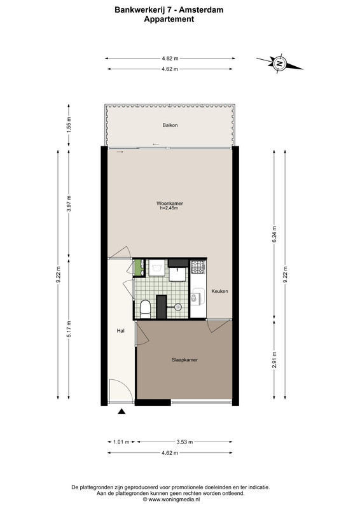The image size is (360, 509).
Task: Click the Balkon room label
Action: point(170,125)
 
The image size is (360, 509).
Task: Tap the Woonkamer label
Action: point(170,204)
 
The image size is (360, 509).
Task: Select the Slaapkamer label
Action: point(184,359)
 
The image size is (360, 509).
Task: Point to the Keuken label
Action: point(220,291)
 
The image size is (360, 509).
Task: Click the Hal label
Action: point(121,331)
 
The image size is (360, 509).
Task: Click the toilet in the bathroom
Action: point(145,309)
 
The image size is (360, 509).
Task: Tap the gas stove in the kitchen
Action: point(198,267)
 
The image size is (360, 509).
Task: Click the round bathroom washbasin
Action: point(177,307)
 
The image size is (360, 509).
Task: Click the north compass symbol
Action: point(279,63)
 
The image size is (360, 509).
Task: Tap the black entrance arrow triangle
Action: point(121,412)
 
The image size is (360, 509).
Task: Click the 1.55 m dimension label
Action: point(69,124)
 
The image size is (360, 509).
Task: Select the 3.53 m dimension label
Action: point(184,442)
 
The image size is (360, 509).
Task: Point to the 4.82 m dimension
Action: point(170,59)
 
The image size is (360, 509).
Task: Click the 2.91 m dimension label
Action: point(274,359)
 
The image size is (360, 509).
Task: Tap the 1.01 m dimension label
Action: point(121,442)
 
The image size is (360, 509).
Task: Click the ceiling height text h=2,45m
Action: point(169,208)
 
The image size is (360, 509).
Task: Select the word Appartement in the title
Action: point(169,19)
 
